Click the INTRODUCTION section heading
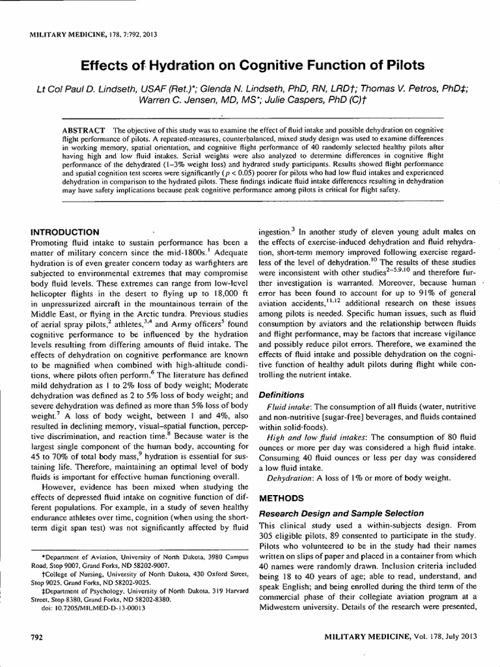coord(65,232)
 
